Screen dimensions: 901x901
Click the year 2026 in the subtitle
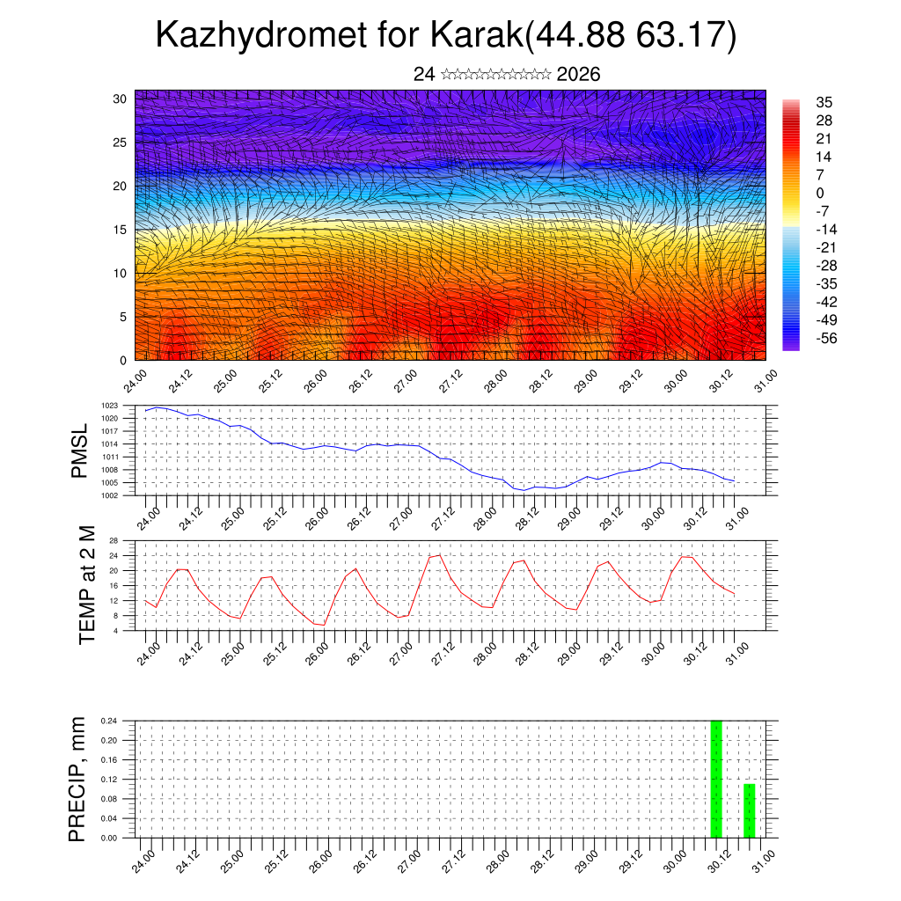[578, 75]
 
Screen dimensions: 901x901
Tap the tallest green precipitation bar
[716, 779]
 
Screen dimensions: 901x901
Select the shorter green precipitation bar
[750, 810]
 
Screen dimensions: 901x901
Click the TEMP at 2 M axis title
[87, 584]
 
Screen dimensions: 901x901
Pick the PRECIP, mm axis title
[78, 779]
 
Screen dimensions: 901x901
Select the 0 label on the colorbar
[820, 194]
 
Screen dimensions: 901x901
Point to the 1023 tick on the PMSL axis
[110, 406]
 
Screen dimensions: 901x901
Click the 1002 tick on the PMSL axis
[110, 495]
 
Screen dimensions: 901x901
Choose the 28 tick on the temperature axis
[114, 540]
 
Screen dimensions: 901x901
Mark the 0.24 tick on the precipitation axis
[108, 721]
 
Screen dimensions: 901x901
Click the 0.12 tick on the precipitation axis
[108, 780]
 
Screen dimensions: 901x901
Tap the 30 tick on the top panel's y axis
[119, 99]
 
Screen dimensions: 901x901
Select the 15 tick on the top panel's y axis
[119, 230]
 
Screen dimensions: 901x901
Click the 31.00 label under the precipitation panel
[765, 857]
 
